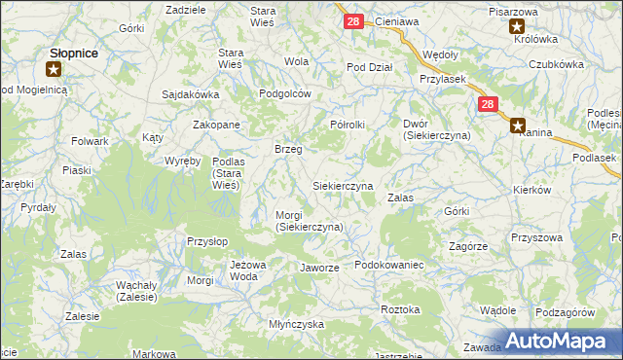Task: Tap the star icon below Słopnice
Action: (x=55, y=69)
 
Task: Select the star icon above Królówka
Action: (x=517, y=27)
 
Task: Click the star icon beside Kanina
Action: (x=518, y=125)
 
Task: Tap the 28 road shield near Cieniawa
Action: (x=353, y=20)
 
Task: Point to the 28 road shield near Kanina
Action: (x=488, y=104)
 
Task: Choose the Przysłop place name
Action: (x=206, y=239)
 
